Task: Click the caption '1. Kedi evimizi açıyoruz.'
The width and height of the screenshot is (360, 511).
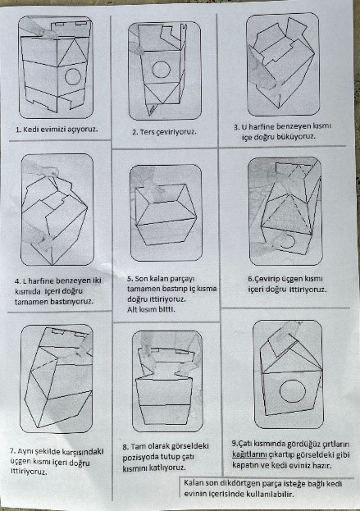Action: (57, 129)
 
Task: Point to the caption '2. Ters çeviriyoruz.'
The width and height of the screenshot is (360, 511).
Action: (164, 132)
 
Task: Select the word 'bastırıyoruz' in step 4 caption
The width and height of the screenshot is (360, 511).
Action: (72, 302)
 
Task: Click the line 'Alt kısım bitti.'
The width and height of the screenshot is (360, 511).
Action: (151, 309)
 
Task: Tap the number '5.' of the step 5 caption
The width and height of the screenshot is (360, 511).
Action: (130, 279)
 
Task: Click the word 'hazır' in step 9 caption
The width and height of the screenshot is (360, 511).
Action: (322, 465)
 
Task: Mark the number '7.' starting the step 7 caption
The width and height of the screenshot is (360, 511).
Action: (13, 452)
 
